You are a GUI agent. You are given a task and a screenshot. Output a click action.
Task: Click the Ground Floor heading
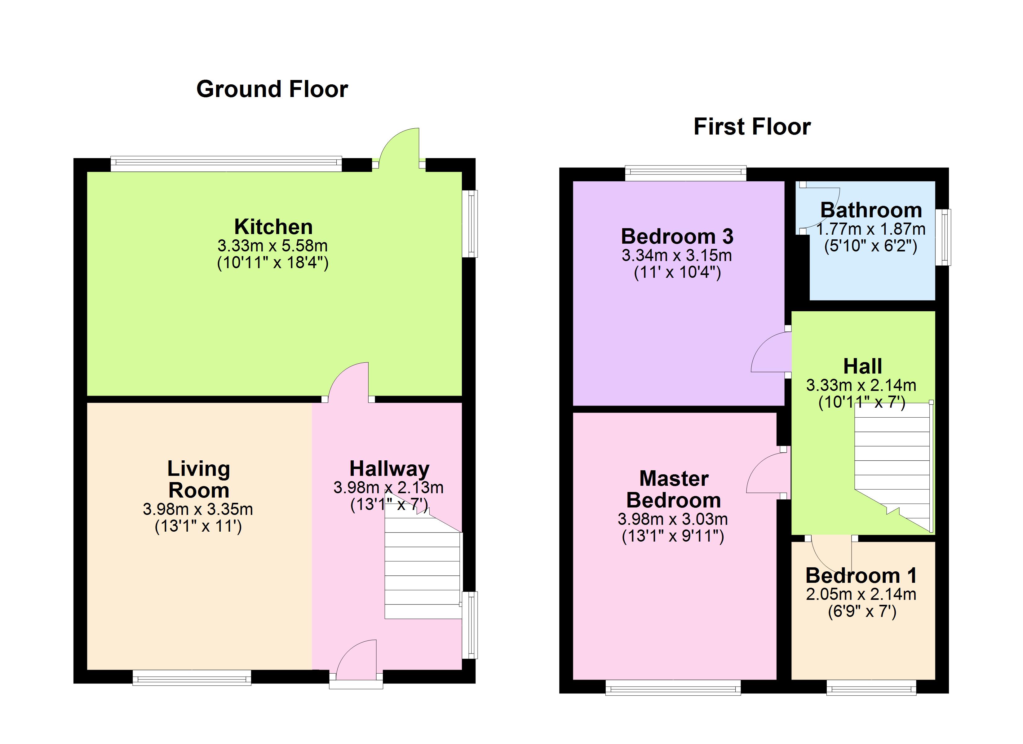(272, 89)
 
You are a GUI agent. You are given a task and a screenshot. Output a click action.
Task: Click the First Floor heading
(752, 126)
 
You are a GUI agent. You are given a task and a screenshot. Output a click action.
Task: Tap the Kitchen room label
(273, 227)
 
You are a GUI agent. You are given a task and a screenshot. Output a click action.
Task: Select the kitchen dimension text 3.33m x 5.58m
(272, 246)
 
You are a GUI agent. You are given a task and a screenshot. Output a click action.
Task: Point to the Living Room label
(198, 479)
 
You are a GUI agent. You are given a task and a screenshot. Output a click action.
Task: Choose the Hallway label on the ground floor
(389, 469)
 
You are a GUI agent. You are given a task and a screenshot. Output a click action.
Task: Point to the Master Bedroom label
(674, 489)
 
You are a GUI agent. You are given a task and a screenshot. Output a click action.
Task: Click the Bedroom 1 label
(861, 576)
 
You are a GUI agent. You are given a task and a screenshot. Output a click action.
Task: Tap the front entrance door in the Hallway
(356, 660)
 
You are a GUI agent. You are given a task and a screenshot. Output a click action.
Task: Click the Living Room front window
(192, 678)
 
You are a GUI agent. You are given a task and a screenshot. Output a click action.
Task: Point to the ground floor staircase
(423, 569)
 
